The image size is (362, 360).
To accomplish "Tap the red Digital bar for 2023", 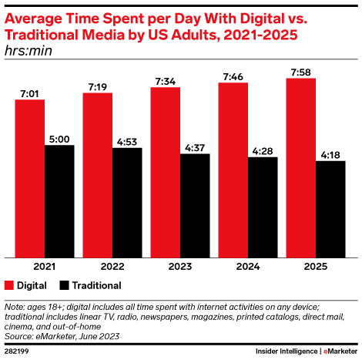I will [x=165, y=172].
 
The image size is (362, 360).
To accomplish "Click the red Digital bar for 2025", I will [x=300, y=167].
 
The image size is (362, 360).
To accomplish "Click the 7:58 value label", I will [x=300, y=72].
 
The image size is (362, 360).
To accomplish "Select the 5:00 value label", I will [x=59, y=139].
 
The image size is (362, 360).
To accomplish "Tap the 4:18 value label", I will [x=330, y=155].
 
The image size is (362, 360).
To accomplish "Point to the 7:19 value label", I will [x=97, y=86].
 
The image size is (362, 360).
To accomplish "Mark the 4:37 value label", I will [x=195, y=148].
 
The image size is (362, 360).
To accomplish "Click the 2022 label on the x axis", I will [x=112, y=266].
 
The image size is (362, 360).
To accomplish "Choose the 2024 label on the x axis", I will [x=247, y=266].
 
